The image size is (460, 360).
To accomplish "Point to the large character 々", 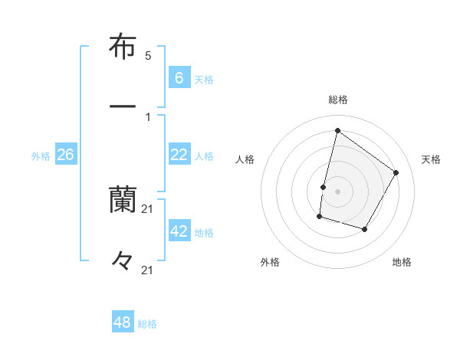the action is [x=123, y=261].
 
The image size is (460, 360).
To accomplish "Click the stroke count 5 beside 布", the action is [x=148, y=56].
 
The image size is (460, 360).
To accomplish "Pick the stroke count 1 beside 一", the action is [x=148, y=116].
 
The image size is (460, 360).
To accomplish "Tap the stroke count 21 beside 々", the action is [x=148, y=270].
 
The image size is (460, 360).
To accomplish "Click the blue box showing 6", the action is [x=179, y=78].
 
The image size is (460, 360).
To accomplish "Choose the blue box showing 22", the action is [x=179, y=155].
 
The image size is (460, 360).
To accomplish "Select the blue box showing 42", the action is [x=179, y=231].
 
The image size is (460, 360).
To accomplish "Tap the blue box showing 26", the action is [x=66, y=155].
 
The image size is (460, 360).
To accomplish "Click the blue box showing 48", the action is [x=123, y=322].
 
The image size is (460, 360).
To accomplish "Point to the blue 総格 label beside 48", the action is [x=148, y=324].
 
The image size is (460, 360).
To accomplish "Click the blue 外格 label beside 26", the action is [x=41, y=156].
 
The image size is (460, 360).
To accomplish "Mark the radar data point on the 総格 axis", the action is [x=337, y=130].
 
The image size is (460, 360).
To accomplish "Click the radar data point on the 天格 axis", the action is [x=396, y=172].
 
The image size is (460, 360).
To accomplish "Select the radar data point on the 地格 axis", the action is [x=365, y=229].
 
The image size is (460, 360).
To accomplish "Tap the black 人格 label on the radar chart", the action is [x=245, y=159].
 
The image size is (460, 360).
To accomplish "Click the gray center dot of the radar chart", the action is [x=337, y=191].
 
